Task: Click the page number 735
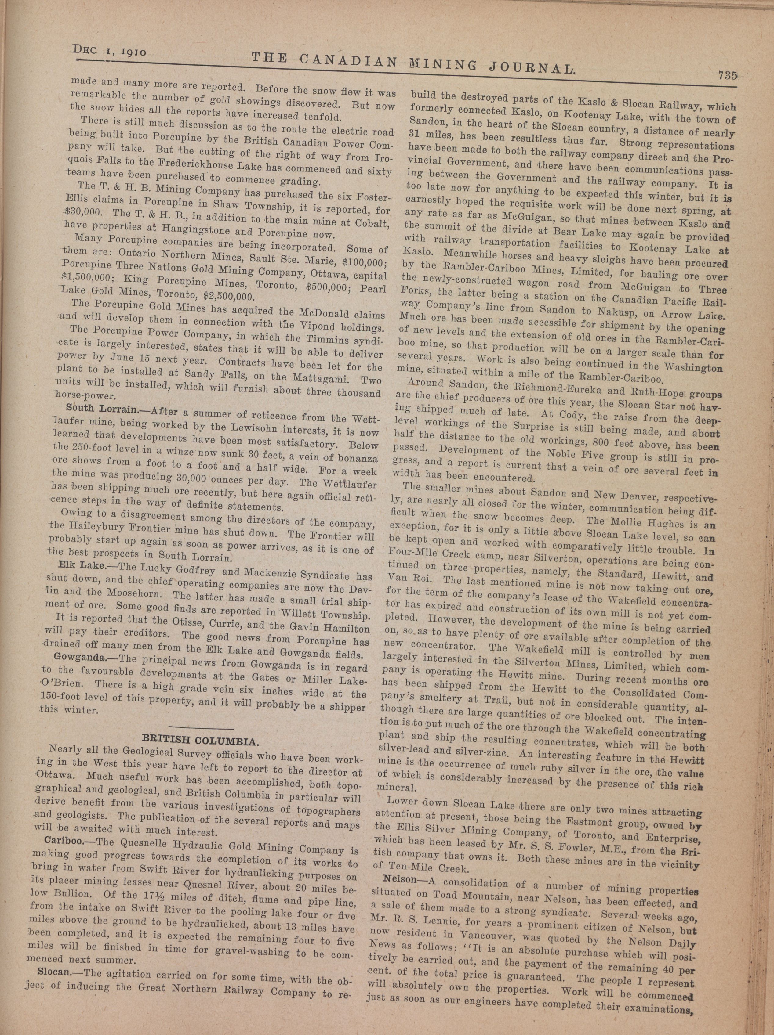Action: click(725, 76)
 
